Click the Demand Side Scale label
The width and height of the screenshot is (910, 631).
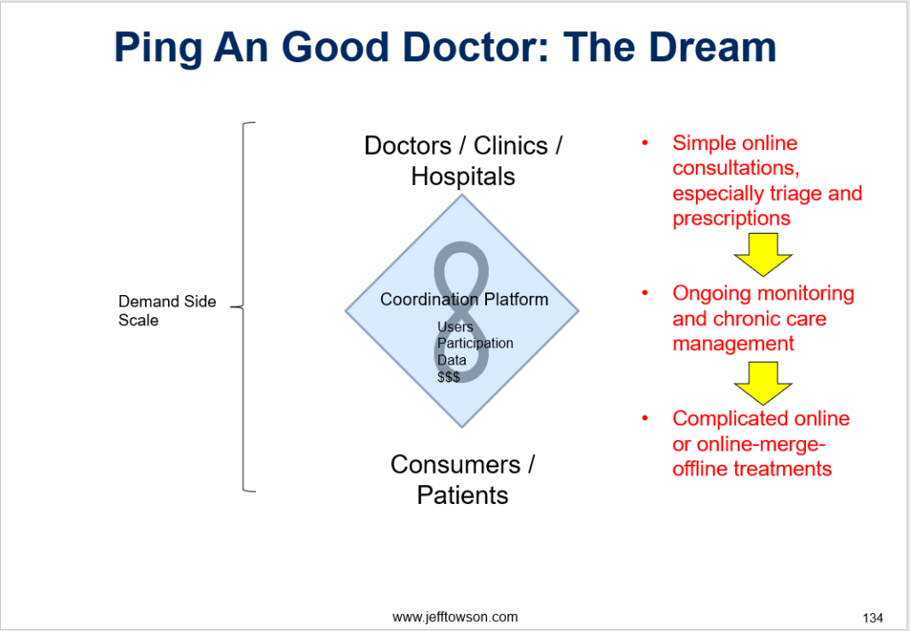coord(167,310)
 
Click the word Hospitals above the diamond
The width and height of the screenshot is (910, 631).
coord(462,176)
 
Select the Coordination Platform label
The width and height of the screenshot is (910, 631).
coord(464,300)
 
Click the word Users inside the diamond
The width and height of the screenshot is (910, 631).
coord(455,327)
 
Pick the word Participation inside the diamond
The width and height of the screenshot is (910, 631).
coord(475,343)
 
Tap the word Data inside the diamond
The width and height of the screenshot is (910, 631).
coord(451,360)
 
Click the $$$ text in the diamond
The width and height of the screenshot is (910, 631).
coord(449,377)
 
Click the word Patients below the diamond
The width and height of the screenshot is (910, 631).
coord(462,495)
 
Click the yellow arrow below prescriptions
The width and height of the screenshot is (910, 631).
coord(762,254)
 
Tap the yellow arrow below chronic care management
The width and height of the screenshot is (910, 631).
coord(762,381)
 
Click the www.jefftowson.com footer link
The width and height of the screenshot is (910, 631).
coord(455,616)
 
